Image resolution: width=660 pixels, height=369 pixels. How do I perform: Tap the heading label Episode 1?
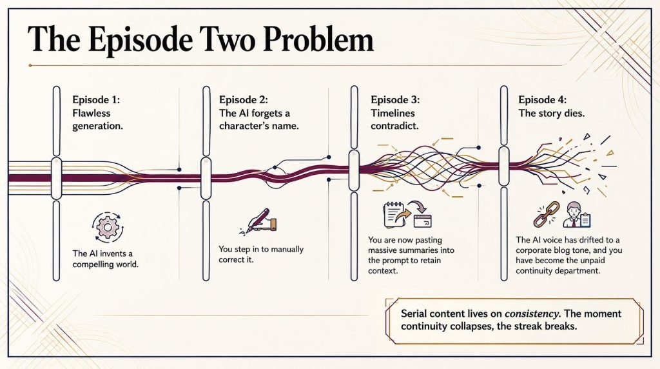[96, 100]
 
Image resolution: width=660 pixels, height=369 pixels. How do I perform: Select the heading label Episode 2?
[243, 100]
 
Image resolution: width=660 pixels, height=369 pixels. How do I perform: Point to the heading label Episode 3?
[395, 100]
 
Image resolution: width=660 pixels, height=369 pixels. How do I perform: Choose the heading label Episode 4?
[542, 100]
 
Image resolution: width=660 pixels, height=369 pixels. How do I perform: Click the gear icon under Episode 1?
[108, 227]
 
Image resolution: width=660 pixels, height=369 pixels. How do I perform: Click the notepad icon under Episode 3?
[394, 215]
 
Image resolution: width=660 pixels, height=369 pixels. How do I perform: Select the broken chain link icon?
[547, 214]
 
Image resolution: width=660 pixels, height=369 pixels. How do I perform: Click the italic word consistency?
[532, 314]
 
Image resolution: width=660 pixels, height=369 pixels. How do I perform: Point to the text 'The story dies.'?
[552, 114]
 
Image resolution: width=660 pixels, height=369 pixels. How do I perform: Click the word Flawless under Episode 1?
[92, 114]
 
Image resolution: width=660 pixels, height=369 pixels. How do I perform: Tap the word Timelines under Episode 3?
[393, 114]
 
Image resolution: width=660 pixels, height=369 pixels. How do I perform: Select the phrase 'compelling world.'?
[105, 264]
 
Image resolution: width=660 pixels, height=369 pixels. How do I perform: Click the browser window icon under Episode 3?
[423, 221]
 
